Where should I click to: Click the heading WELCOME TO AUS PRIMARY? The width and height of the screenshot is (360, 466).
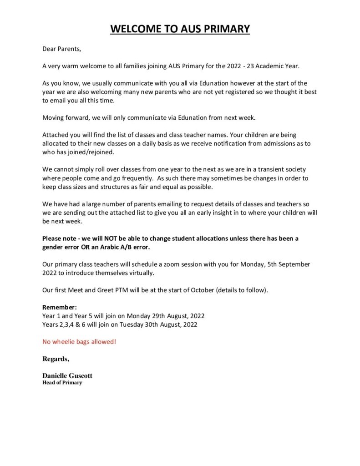point(180,29)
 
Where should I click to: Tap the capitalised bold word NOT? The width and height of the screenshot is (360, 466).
point(112,238)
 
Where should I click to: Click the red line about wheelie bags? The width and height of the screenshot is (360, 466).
point(79,341)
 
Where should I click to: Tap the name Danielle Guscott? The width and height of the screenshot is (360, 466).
point(67,376)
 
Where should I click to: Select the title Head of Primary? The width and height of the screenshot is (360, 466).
point(62,383)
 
